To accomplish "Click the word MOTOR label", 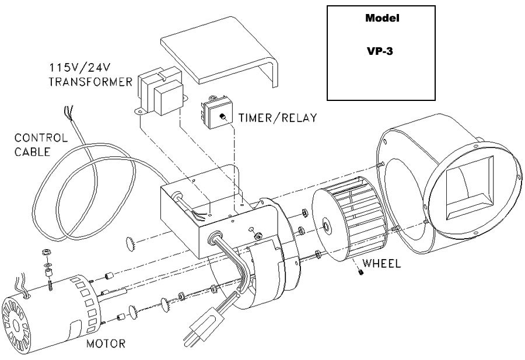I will pos(106,343).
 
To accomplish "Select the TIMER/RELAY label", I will pos(278,117).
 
